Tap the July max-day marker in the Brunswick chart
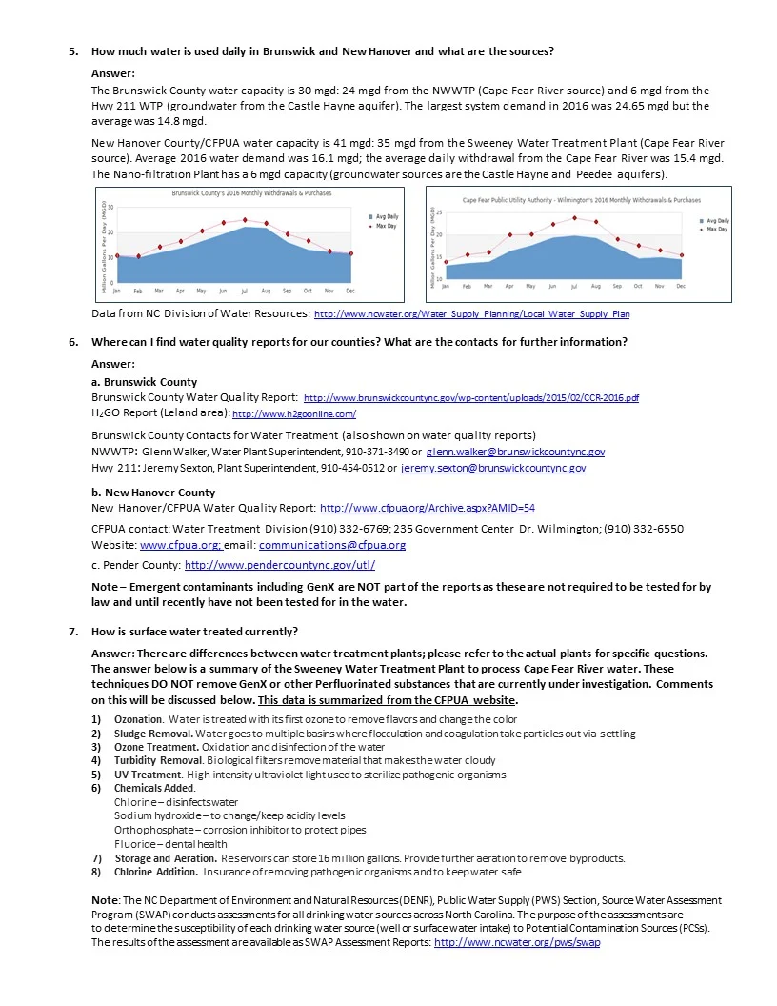(246, 220)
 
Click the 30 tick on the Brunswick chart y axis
(110, 207)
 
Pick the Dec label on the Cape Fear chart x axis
(681, 285)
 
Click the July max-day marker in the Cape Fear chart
(574, 218)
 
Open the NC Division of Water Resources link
(471, 313)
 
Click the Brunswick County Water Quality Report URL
(470, 397)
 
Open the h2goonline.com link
(294, 414)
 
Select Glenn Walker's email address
(515, 452)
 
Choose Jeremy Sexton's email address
(493, 468)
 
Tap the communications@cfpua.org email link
(332, 545)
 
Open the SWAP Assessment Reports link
(516, 942)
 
